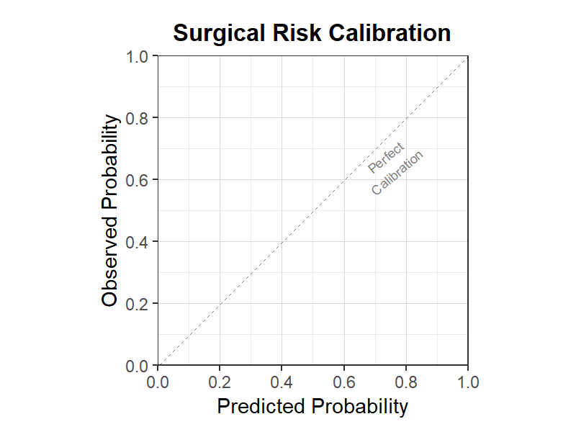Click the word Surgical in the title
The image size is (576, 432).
pyautogui.click(x=219, y=34)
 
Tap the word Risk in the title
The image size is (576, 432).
pyautogui.click(x=297, y=32)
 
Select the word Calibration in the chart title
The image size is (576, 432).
pyautogui.click(x=390, y=32)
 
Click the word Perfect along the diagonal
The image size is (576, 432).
pyautogui.click(x=386, y=158)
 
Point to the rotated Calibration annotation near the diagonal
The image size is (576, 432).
pyautogui.click(x=397, y=173)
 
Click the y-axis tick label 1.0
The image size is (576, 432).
pyautogui.click(x=137, y=57)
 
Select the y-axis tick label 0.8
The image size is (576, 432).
pyautogui.click(x=137, y=119)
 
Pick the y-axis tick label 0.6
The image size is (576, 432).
pyautogui.click(x=137, y=181)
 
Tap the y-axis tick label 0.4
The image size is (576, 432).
pyautogui.click(x=137, y=243)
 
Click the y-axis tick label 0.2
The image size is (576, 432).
pyautogui.click(x=137, y=304)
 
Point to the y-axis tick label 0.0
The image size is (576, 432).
pyautogui.click(x=137, y=366)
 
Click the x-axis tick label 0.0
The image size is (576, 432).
pyautogui.click(x=158, y=382)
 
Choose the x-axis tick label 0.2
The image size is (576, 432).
pyautogui.click(x=220, y=382)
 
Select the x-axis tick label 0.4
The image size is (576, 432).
pyautogui.click(x=282, y=382)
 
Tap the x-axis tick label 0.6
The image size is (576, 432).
pyautogui.click(x=344, y=382)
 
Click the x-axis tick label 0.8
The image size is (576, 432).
pyautogui.click(x=406, y=382)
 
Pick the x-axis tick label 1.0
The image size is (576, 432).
pyautogui.click(x=468, y=382)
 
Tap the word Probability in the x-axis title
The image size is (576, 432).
pyautogui.click(x=360, y=407)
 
